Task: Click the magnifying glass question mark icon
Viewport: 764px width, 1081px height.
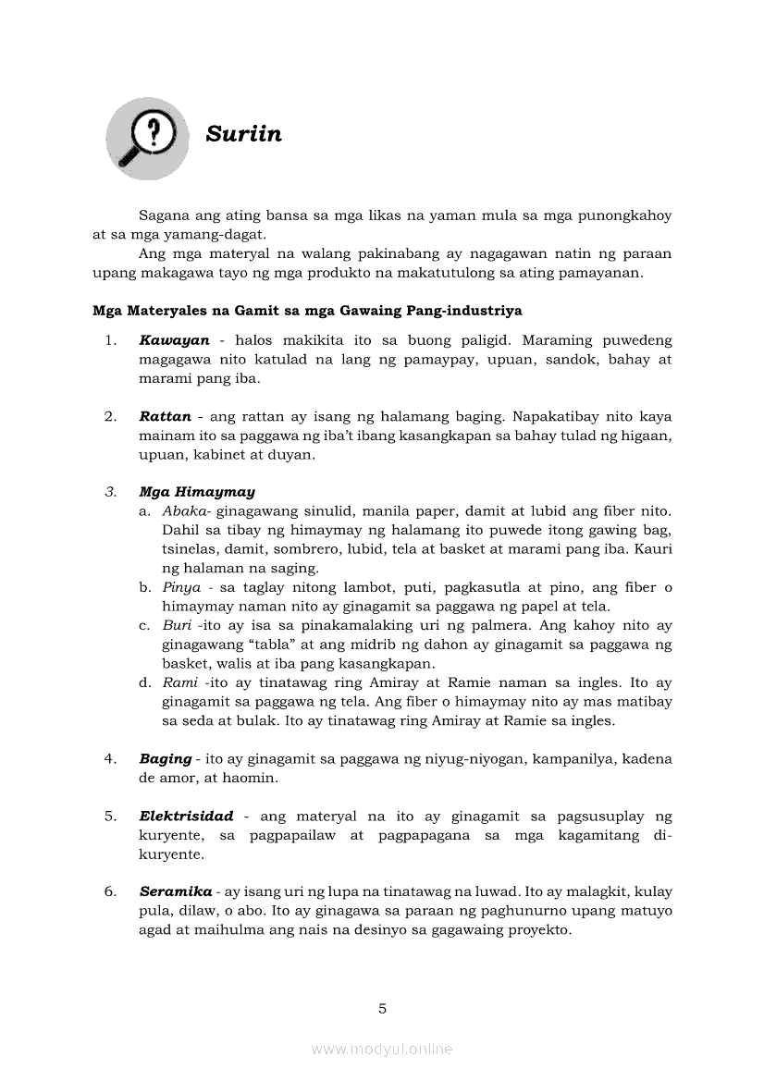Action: [x=147, y=138]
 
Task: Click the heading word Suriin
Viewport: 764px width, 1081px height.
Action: [x=243, y=134]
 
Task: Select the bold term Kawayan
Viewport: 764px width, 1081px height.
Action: [x=174, y=340]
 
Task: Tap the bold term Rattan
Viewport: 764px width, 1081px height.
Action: [x=165, y=416]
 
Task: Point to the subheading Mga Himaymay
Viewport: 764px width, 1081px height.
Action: [x=197, y=492]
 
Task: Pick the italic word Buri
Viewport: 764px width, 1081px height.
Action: [x=177, y=625]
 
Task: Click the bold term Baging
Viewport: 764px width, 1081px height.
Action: [x=166, y=758]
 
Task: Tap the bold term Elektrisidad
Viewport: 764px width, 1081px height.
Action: [x=186, y=817]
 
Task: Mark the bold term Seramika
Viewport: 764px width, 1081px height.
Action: [x=176, y=892]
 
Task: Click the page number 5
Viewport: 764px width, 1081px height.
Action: [x=382, y=1008]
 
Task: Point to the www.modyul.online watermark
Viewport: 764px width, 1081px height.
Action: [x=382, y=1049]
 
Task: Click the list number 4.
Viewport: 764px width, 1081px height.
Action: [x=110, y=758]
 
